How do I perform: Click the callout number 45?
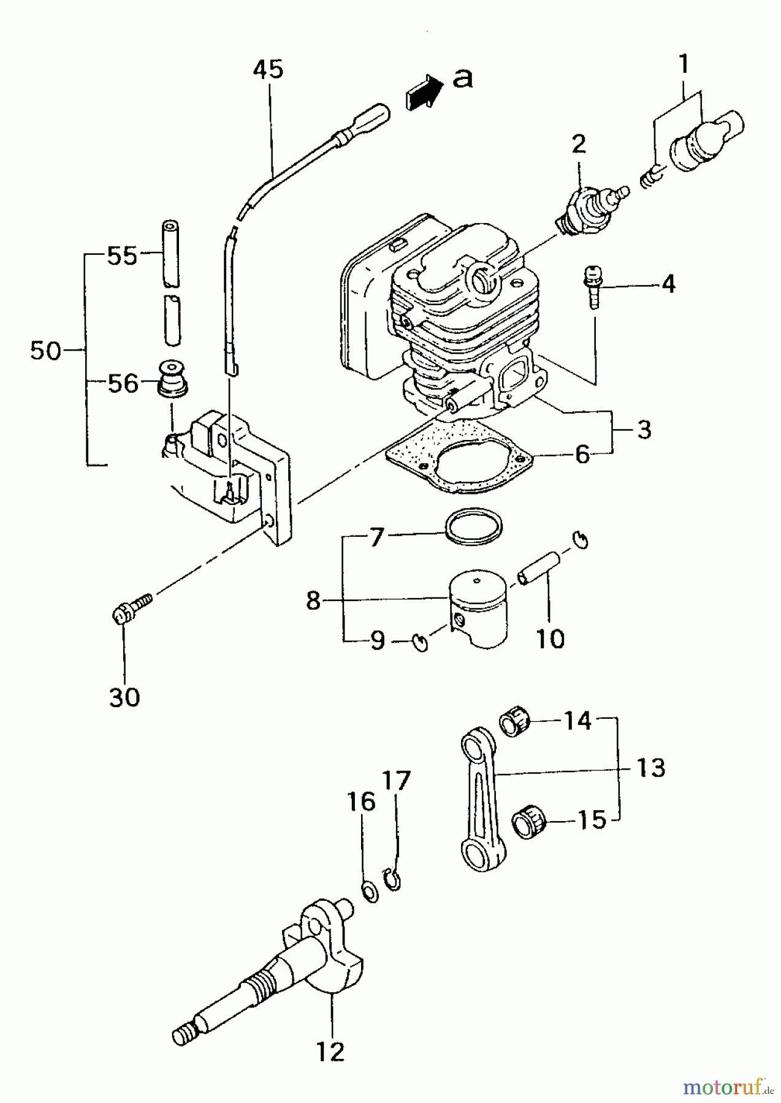tap(268, 69)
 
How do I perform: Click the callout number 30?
tap(124, 697)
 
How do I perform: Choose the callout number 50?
tap(45, 351)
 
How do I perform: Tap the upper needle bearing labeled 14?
tap(515, 722)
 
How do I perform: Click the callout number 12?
tap(330, 1052)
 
